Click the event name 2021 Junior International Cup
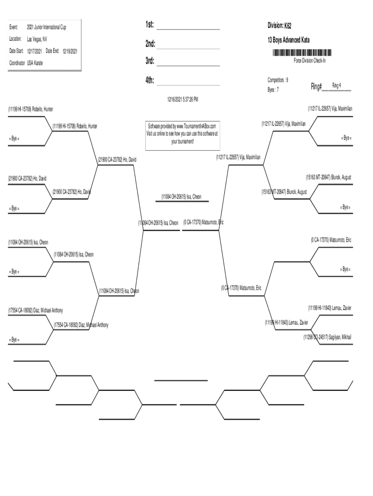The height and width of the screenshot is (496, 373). (x=47, y=27)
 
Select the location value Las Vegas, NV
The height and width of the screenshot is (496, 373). (x=37, y=39)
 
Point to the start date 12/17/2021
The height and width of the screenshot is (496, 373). (x=34, y=50)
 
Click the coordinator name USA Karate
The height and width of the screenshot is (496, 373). (x=35, y=63)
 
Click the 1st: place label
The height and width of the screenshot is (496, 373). (x=150, y=26)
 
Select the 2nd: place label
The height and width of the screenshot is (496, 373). (x=150, y=44)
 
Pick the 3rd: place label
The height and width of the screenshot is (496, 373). (x=150, y=62)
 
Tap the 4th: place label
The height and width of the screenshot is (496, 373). (x=150, y=80)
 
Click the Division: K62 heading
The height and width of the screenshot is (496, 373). (x=280, y=25)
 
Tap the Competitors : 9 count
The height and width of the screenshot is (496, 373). (x=278, y=79)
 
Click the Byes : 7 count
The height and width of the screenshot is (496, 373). (x=273, y=90)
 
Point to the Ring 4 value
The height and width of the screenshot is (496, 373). (x=337, y=85)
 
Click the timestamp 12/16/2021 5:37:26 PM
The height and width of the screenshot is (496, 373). (x=183, y=99)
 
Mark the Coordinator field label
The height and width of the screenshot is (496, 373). (x=17, y=63)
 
